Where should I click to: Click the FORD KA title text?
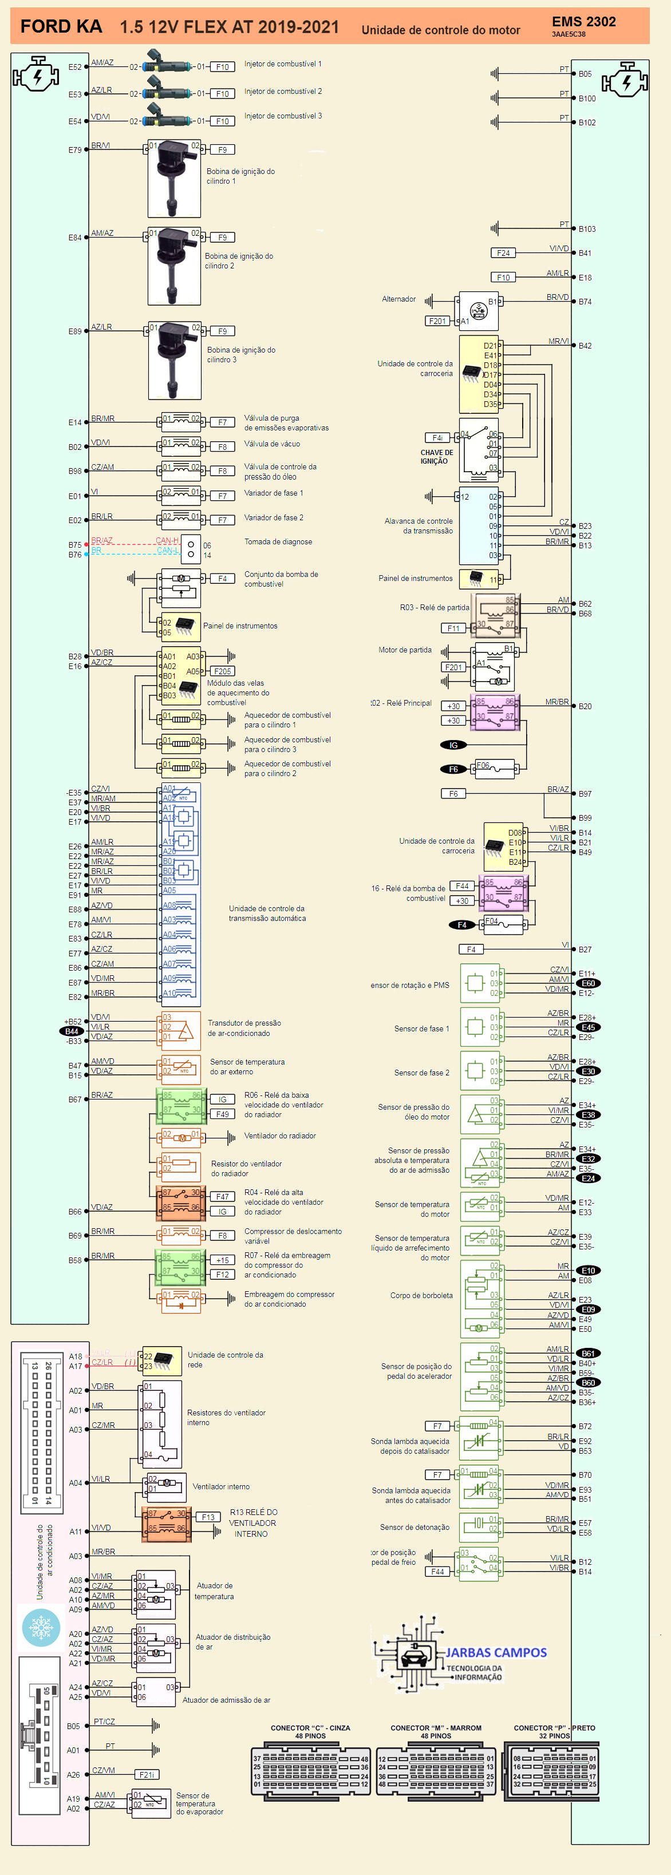pyautogui.click(x=61, y=27)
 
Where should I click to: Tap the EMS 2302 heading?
pyautogui.click(x=583, y=22)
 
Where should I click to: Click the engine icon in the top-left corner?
pyautogui.click(x=35, y=74)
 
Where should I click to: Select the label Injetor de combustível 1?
pyautogui.click(x=282, y=64)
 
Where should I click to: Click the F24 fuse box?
pyautogui.click(x=503, y=254)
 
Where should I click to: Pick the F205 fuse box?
pyautogui.click(x=223, y=671)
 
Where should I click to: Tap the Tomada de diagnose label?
pyautogui.click(x=278, y=541)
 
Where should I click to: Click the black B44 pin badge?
pyautogui.click(x=72, y=1031)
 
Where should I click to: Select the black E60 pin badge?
pyautogui.click(x=588, y=983)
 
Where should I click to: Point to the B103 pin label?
pyautogui.click(x=587, y=230)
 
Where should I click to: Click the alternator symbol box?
pyautogui.click(x=478, y=311)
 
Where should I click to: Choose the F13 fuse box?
pyautogui.click(x=208, y=1517)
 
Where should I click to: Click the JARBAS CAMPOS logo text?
pyautogui.click(x=496, y=1652)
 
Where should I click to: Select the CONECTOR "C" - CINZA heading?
pyautogui.click(x=310, y=1727)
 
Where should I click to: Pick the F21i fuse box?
pyautogui.click(x=147, y=1774)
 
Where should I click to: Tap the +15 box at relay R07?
pyautogui.click(x=222, y=1260)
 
